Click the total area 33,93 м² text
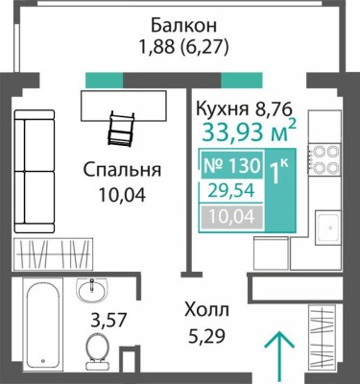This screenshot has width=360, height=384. [247, 130]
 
